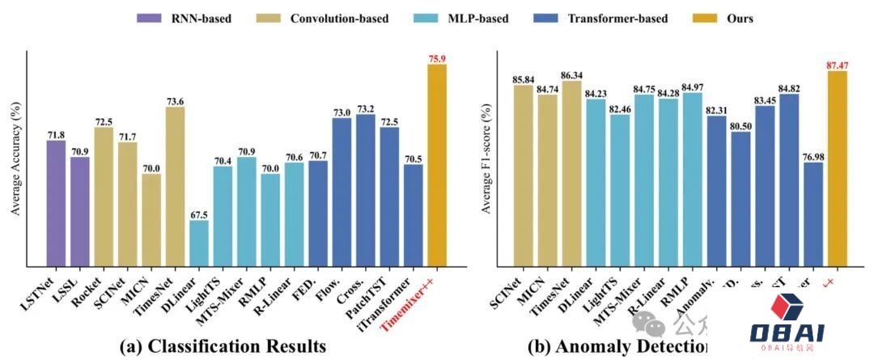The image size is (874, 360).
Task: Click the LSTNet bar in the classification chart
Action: coord(56,203)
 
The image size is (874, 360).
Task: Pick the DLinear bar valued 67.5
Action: coord(198,243)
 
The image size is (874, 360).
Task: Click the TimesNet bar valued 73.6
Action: coord(175,186)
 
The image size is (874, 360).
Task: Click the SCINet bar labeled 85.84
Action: coord(524,175)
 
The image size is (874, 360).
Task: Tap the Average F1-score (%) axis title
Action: coord(486,159)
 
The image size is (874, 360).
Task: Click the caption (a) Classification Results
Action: coord(222,346)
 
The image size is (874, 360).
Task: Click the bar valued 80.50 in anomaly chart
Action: coord(741,198)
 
